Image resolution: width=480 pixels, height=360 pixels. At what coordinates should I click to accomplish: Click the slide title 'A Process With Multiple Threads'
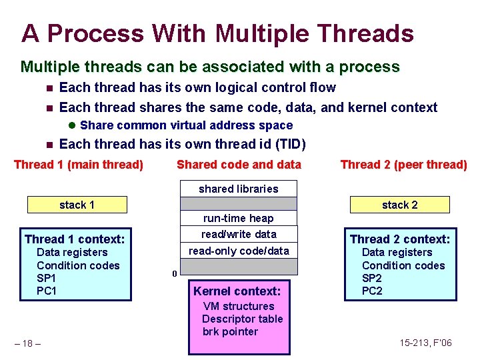coord(217,33)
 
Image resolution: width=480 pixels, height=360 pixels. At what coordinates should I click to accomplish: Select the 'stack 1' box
coord(77,205)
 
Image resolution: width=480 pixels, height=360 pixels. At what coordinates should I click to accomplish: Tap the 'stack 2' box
coord(399,205)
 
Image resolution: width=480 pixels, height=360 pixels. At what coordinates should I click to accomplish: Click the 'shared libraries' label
coord(239,189)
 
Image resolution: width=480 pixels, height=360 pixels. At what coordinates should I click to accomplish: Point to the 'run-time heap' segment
coord(239,219)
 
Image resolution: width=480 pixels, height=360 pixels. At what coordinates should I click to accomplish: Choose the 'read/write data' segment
coord(239,234)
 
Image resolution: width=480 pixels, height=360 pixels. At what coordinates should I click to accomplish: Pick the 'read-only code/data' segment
coord(239,251)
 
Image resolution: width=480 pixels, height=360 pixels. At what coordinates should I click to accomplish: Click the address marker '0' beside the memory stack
coord(174,274)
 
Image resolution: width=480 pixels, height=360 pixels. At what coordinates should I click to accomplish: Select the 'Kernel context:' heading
coord(237,291)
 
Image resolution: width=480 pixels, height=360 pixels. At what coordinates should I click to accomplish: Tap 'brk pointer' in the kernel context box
coord(230,331)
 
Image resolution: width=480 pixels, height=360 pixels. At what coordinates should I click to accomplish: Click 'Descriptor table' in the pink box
coord(242,319)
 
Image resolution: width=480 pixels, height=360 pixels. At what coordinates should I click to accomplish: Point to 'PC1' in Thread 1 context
coord(47,291)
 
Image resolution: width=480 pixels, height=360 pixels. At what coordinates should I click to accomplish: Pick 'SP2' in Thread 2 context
coord(371,278)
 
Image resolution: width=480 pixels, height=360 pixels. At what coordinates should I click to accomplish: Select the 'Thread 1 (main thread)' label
coord(79,165)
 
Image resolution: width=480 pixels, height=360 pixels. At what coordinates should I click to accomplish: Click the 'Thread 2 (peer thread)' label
coord(403,165)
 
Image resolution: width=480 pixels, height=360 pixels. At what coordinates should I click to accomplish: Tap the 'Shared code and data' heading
coord(239,165)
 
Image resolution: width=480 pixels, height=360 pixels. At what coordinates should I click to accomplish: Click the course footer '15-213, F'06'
coord(425,343)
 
